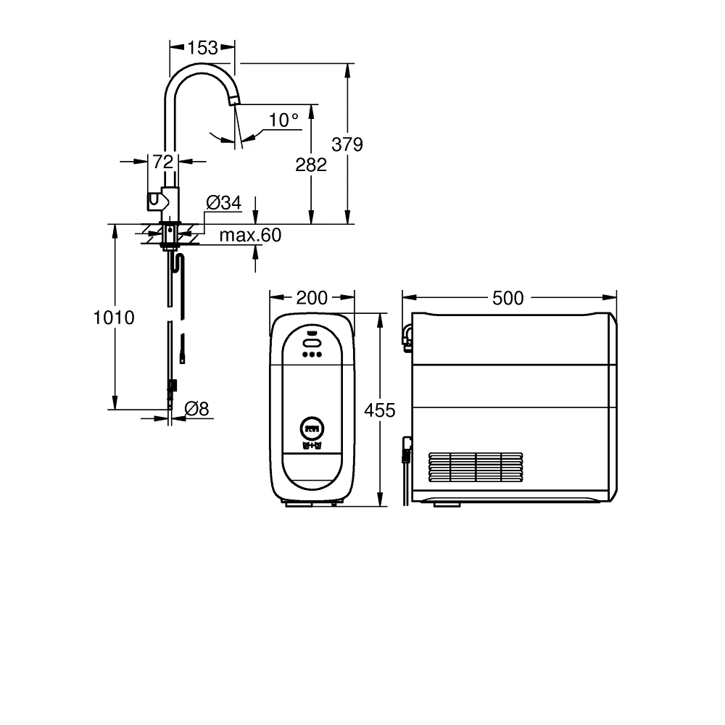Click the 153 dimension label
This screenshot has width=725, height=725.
(x=202, y=48)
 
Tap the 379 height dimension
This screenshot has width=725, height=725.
(x=347, y=144)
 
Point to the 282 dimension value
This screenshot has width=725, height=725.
(x=311, y=165)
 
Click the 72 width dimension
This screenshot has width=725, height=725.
(x=163, y=162)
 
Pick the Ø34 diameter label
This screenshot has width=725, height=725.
(x=223, y=203)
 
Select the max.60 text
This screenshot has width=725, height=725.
(x=250, y=235)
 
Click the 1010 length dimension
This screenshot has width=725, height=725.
(x=115, y=318)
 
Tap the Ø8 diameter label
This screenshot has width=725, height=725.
(x=196, y=409)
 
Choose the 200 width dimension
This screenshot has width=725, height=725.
(x=312, y=297)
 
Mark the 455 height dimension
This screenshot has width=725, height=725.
(x=380, y=410)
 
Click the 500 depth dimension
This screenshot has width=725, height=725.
(x=508, y=297)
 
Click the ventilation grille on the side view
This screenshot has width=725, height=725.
(x=476, y=469)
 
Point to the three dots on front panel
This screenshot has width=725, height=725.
(x=312, y=355)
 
